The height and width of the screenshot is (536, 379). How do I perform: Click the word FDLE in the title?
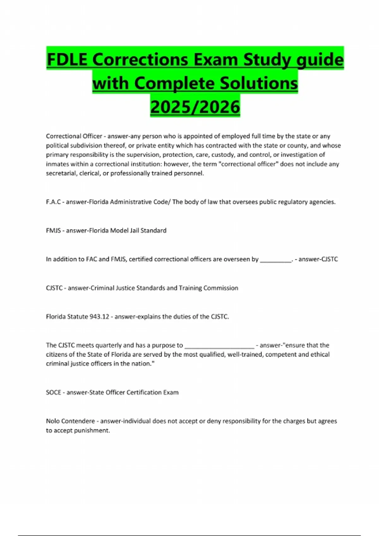click(67, 59)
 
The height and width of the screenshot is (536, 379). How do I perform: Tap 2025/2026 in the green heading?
click(195, 107)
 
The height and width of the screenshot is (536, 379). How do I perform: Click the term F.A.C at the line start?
click(53, 202)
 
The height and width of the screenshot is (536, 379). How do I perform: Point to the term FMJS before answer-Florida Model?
click(53, 230)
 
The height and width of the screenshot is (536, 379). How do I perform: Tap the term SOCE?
click(53, 392)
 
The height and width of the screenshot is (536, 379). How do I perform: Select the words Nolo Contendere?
click(70, 421)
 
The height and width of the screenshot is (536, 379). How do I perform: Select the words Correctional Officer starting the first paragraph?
click(74, 136)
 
